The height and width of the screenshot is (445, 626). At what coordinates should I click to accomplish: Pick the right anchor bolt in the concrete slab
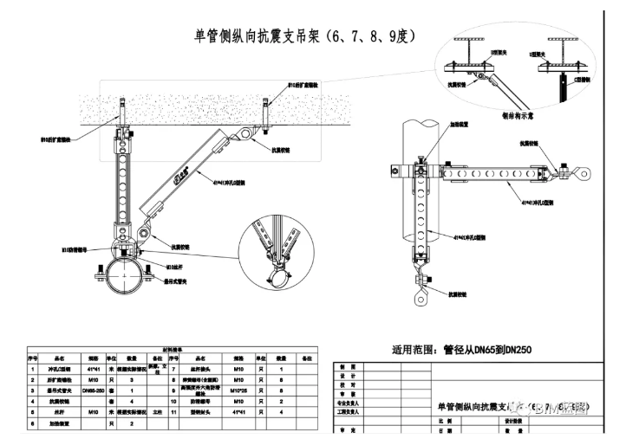[x=264, y=114]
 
